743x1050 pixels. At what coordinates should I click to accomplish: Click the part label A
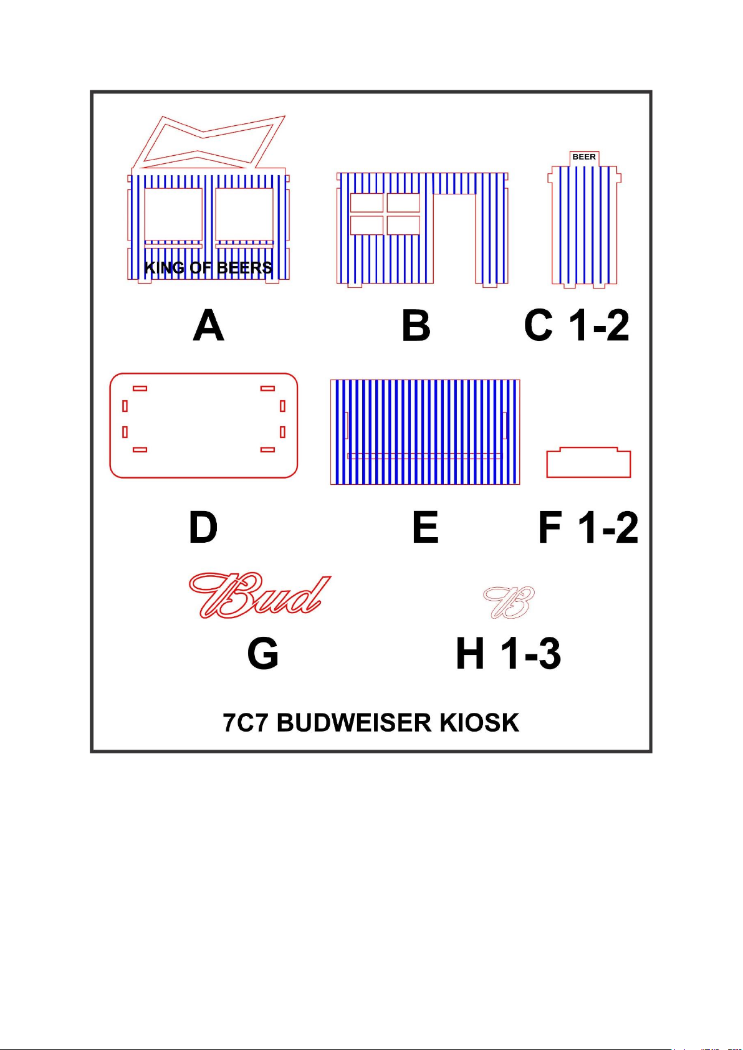pyautogui.click(x=209, y=326)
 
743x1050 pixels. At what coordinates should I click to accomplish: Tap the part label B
pyautogui.click(x=416, y=326)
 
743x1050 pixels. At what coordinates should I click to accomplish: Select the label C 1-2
pyautogui.click(x=577, y=325)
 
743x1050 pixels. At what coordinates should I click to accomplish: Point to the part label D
pyautogui.click(x=203, y=527)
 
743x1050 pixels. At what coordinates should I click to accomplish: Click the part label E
pyautogui.click(x=426, y=527)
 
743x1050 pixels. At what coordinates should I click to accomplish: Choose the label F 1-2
pyautogui.click(x=588, y=528)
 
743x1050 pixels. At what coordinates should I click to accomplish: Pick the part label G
pyautogui.click(x=263, y=654)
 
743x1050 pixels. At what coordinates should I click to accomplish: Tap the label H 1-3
pyautogui.click(x=509, y=654)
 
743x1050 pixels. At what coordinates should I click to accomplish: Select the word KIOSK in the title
pyautogui.click(x=479, y=723)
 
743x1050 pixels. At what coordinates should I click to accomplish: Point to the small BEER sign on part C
pyautogui.click(x=584, y=157)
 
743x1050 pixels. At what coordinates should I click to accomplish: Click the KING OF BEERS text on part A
pyautogui.click(x=208, y=268)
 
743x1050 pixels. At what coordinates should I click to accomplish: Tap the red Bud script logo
pyautogui.click(x=259, y=596)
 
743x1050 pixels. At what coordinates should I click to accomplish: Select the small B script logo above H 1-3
pyautogui.click(x=509, y=603)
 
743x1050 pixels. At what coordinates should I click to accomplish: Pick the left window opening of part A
pyautogui.click(x=173, y=214)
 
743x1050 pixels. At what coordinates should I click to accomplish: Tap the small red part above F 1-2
pyautogui.click(x=588, y=462)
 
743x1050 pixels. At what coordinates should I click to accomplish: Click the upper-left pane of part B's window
pyautogui.click(x=367, y=203)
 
